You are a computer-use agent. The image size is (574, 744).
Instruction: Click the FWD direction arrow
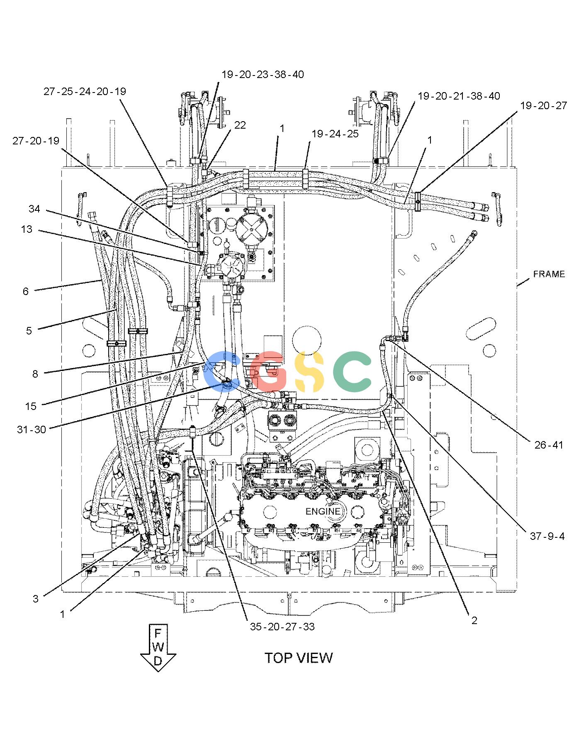coord(158,647)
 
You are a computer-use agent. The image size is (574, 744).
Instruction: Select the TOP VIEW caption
coord(299,658)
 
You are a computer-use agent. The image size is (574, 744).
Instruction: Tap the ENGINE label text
coord(323,511)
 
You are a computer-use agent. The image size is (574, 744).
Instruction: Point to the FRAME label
coord(549,274)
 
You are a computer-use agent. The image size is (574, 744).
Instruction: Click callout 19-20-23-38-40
coord(263,74)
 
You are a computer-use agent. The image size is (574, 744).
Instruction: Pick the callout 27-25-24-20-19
coord(85,91)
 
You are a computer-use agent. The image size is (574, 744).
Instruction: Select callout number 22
coord(240,125)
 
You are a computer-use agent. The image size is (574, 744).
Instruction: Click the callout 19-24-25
coord(335,134)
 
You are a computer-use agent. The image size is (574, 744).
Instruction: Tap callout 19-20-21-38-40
coord(459,96)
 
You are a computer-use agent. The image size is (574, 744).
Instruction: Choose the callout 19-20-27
coord(543,105)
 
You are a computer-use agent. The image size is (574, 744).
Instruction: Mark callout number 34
coord(34,209)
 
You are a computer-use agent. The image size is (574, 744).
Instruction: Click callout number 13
coord(27,229)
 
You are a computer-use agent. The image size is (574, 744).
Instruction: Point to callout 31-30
coord(32,429)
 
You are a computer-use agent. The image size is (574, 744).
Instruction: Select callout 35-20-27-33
coord(282,627)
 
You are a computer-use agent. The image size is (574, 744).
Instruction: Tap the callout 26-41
coord(549,445)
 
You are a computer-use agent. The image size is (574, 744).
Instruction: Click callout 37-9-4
coord(547,536)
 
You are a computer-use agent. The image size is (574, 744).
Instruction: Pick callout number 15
coord(31,406)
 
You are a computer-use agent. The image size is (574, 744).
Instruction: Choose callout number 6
coord(26,291)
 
